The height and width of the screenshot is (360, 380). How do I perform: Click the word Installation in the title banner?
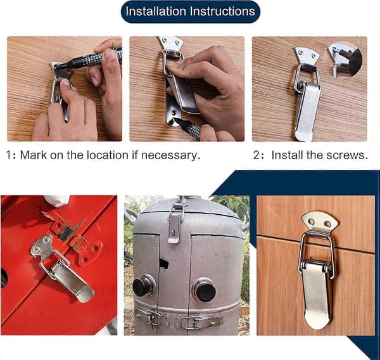[x=156, y=11]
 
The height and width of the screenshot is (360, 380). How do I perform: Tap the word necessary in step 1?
[x=170, y=155]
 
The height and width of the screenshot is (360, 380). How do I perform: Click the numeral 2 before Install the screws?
[x=256, y=155]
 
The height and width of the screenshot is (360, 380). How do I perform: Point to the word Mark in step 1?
[x=34, y=155]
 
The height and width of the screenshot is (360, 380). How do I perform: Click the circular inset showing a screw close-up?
[x=345, y=60]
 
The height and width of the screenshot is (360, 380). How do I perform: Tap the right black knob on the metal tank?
[x=205, y=290]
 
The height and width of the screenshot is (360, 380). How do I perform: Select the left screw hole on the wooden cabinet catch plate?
[x=311, y=221]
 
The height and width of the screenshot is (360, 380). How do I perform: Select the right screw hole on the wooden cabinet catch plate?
[x=327, y=224]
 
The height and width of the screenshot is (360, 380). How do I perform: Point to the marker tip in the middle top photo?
[x=177, y=120]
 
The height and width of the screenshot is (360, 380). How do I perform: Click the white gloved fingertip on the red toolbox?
[x=57, y=200]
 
